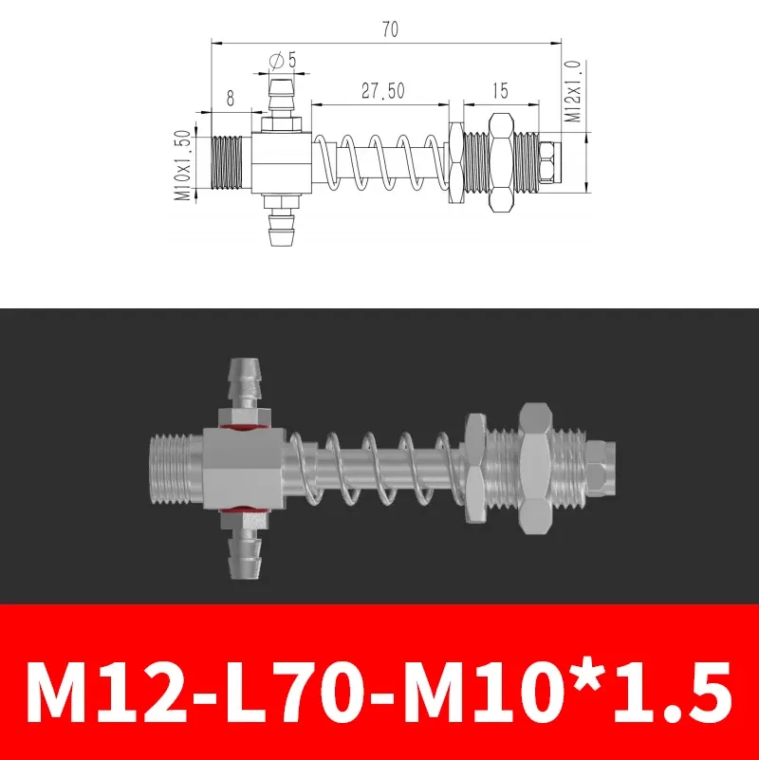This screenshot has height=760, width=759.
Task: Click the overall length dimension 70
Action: point(390,29)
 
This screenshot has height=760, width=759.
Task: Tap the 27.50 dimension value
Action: point(382,91)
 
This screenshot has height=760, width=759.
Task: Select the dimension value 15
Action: point(501,91)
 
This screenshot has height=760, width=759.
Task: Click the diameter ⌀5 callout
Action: point(283,60)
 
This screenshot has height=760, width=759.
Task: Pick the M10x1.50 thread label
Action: point(183,167)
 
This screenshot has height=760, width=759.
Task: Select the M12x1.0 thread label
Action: point(572,92)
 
